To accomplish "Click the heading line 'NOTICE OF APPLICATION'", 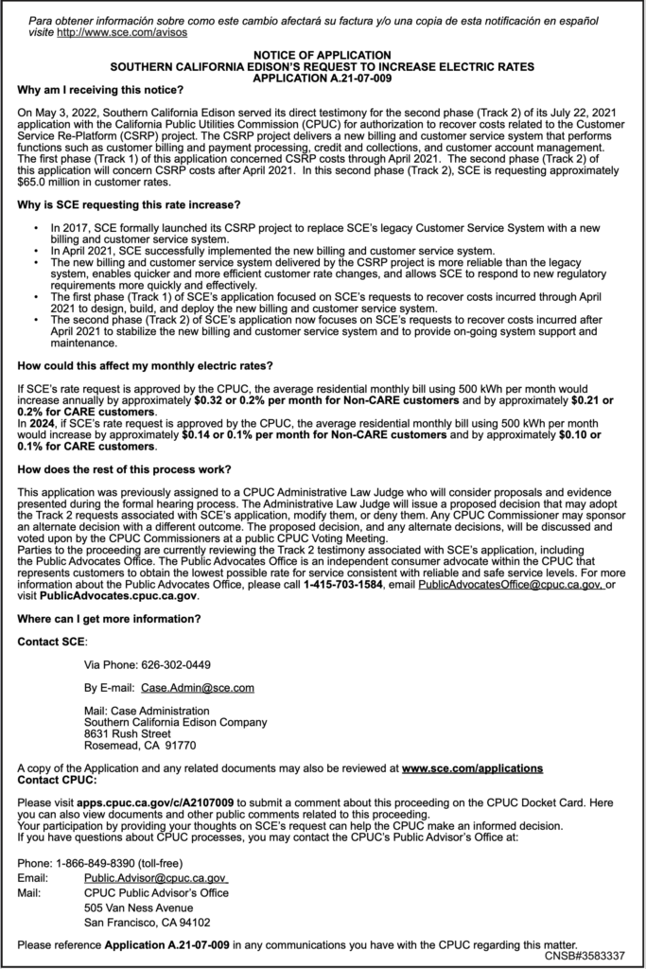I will click(322, 56).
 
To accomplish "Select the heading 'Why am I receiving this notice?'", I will click(100, 90).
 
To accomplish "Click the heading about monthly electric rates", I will click(145, 365).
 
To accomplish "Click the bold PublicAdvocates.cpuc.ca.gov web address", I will click(119, 597).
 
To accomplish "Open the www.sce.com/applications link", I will click(472, 768).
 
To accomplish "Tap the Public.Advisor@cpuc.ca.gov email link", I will click(154, 877).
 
